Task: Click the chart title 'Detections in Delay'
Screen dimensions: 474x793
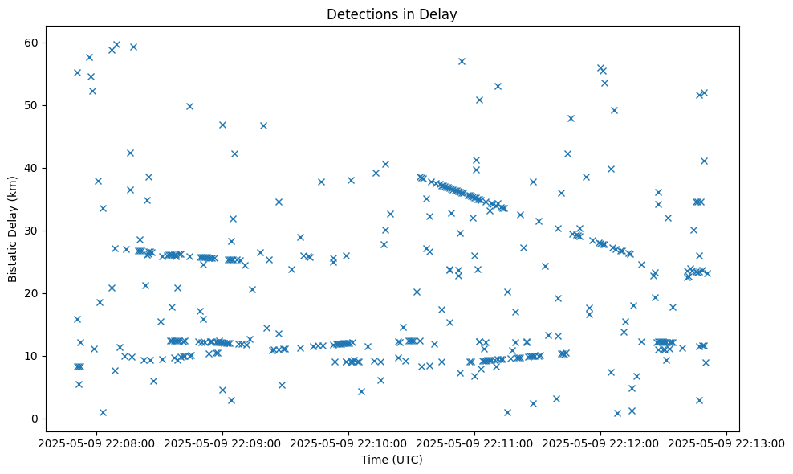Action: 392,14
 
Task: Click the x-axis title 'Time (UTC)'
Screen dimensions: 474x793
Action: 392,460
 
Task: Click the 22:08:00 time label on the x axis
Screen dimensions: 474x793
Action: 96,442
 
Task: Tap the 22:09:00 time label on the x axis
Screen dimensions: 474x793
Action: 222,442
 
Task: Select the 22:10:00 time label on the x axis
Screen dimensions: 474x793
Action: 348,442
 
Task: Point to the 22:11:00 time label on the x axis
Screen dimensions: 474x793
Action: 474,442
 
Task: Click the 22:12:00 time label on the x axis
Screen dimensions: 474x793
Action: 600,442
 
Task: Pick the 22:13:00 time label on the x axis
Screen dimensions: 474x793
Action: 726,442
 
